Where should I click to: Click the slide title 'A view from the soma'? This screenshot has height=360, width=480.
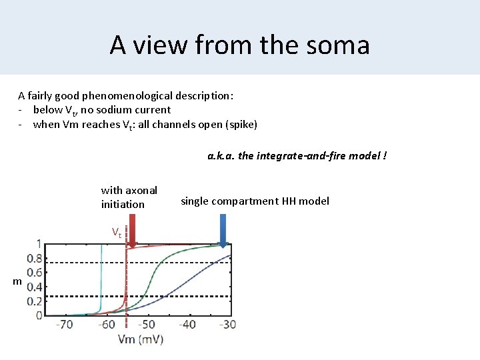tap(239, 45)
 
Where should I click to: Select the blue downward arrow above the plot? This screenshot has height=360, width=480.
tap(223, 229)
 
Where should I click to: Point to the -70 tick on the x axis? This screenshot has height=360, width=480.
tap(65, 325)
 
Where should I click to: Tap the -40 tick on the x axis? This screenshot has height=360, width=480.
tap(187, 325)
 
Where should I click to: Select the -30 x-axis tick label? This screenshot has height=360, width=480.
tap(227, 325)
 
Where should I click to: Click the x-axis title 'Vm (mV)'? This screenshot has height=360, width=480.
tap(140, 339)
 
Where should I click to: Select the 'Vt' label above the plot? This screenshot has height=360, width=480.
tap(116, 233)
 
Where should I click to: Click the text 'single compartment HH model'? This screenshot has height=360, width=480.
tap(255, 201)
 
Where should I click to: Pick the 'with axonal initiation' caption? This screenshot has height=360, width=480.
tap(129, 197)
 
